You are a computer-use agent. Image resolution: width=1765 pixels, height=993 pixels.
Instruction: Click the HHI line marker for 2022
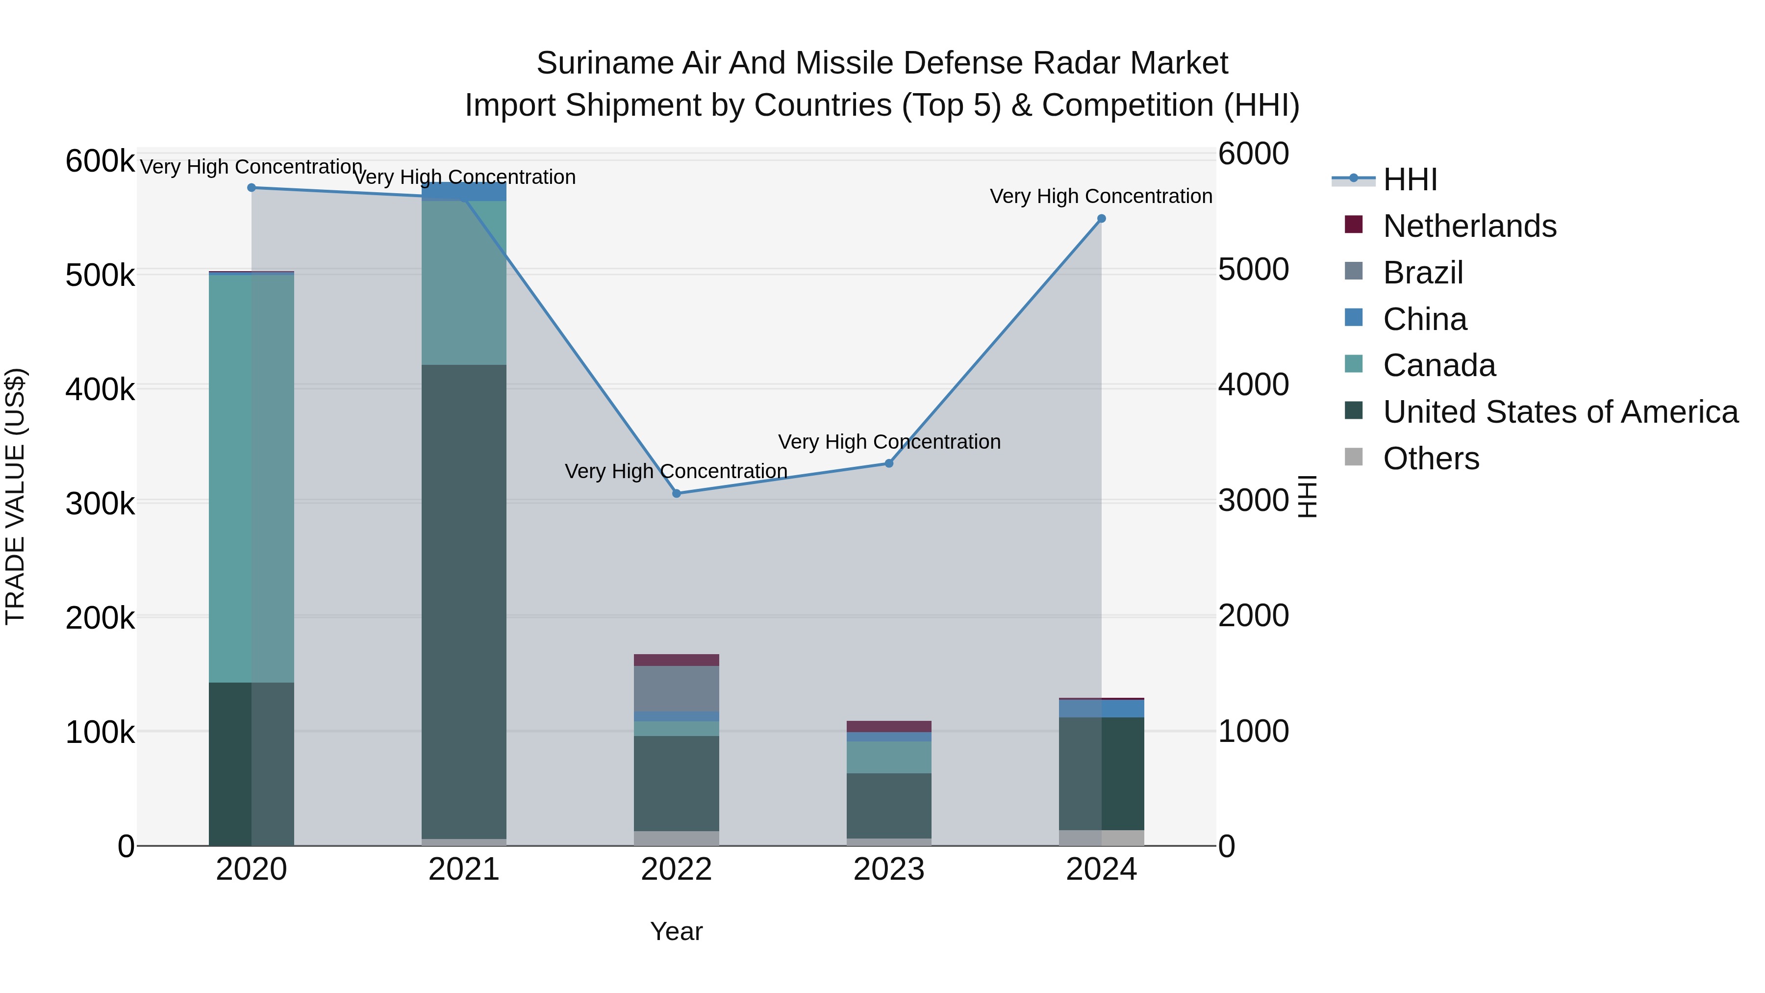[x=676, y=493]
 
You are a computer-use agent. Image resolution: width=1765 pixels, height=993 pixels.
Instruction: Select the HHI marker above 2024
[x=1101, y=219]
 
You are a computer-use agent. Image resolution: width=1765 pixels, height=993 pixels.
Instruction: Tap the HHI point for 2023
[x=889, y=463]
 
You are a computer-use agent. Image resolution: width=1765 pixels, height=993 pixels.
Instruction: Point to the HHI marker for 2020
[x=252, y=188]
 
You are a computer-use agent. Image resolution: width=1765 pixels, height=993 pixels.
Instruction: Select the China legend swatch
[x=1354, y=318]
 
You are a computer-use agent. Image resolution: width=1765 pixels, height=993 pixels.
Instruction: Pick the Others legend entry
[x=1431, y=458]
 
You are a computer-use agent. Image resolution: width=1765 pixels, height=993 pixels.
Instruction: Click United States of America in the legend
[x=1560, y=412]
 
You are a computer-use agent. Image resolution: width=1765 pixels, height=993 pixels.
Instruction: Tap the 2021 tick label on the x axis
[x=464, y=869]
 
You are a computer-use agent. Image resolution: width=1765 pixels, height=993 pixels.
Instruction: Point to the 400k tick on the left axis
[x=100, y=389]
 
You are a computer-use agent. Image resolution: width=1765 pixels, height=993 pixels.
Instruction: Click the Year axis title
[x=676, y=931]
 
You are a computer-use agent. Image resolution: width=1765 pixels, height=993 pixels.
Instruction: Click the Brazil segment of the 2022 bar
[x=676, y=689]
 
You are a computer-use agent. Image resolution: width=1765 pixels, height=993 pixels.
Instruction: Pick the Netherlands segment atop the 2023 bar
[x=889, y=726]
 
